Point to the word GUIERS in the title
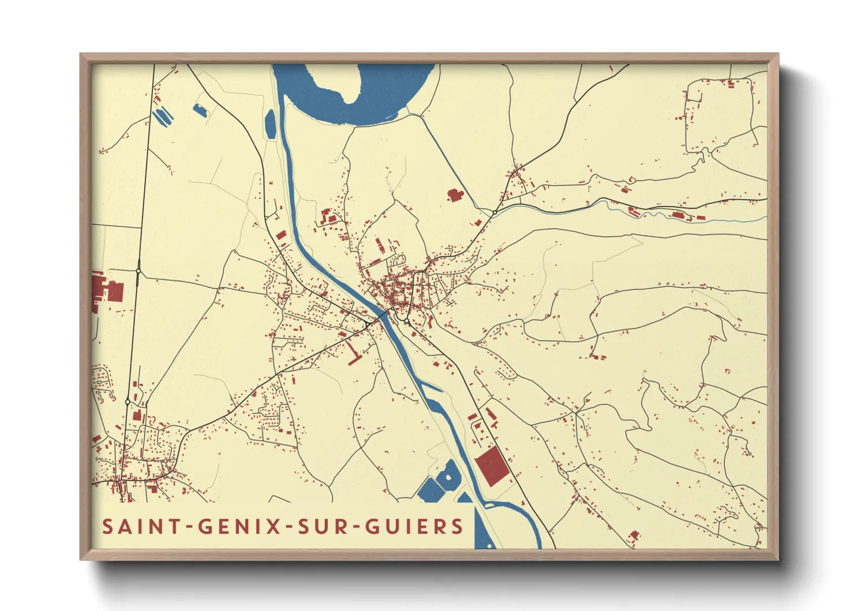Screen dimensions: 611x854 point(414,527)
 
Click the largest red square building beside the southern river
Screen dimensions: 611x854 point(492,466)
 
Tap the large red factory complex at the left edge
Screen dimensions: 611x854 point(107,292)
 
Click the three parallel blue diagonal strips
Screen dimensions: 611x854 point(162,116)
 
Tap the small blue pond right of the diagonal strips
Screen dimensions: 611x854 point(200,110)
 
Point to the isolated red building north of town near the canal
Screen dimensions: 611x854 point(455,195)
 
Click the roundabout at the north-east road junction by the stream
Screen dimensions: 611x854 point(495,213)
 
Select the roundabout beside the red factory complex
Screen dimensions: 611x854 point(138,270)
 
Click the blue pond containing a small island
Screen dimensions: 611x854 point(448,477)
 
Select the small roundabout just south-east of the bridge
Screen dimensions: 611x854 point(407,321)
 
